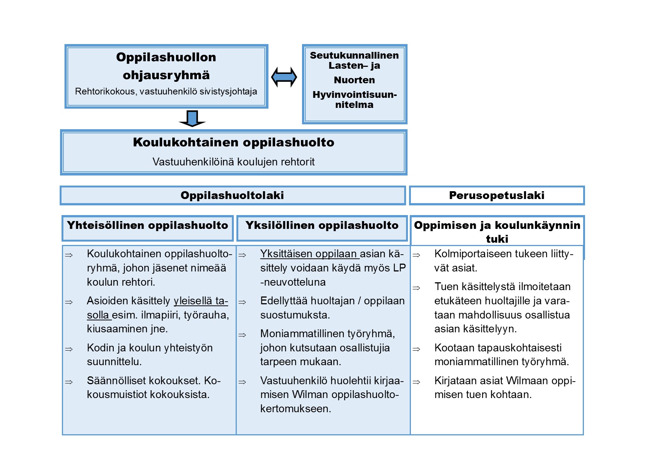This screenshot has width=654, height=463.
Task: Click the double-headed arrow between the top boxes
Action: click(x=284, y=77)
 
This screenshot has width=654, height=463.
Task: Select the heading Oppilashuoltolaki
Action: click(x=232, y=195)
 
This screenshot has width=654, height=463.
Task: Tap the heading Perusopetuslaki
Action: click(x=496, y=195)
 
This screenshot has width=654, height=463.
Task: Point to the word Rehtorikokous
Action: click(x=105, y=91)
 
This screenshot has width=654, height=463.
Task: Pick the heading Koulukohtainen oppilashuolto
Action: click(x=233, y=142)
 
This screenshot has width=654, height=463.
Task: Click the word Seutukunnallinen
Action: click(x=354, y=55)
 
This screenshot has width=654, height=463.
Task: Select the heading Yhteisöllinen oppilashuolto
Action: click(x=147, y=225)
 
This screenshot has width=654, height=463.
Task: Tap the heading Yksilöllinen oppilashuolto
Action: click(x=322, y=225)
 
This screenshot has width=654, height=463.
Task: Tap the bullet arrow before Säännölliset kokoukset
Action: click(x=69, y=382)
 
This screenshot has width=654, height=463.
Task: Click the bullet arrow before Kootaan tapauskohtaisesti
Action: click(x=416, y=349)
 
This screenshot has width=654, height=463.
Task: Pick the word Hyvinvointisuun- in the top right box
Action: click(x=354, y=94)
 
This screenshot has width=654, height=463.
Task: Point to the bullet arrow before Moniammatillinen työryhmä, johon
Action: click(x=242, y=335)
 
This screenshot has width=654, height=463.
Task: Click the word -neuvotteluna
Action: click(x=293, y=282)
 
